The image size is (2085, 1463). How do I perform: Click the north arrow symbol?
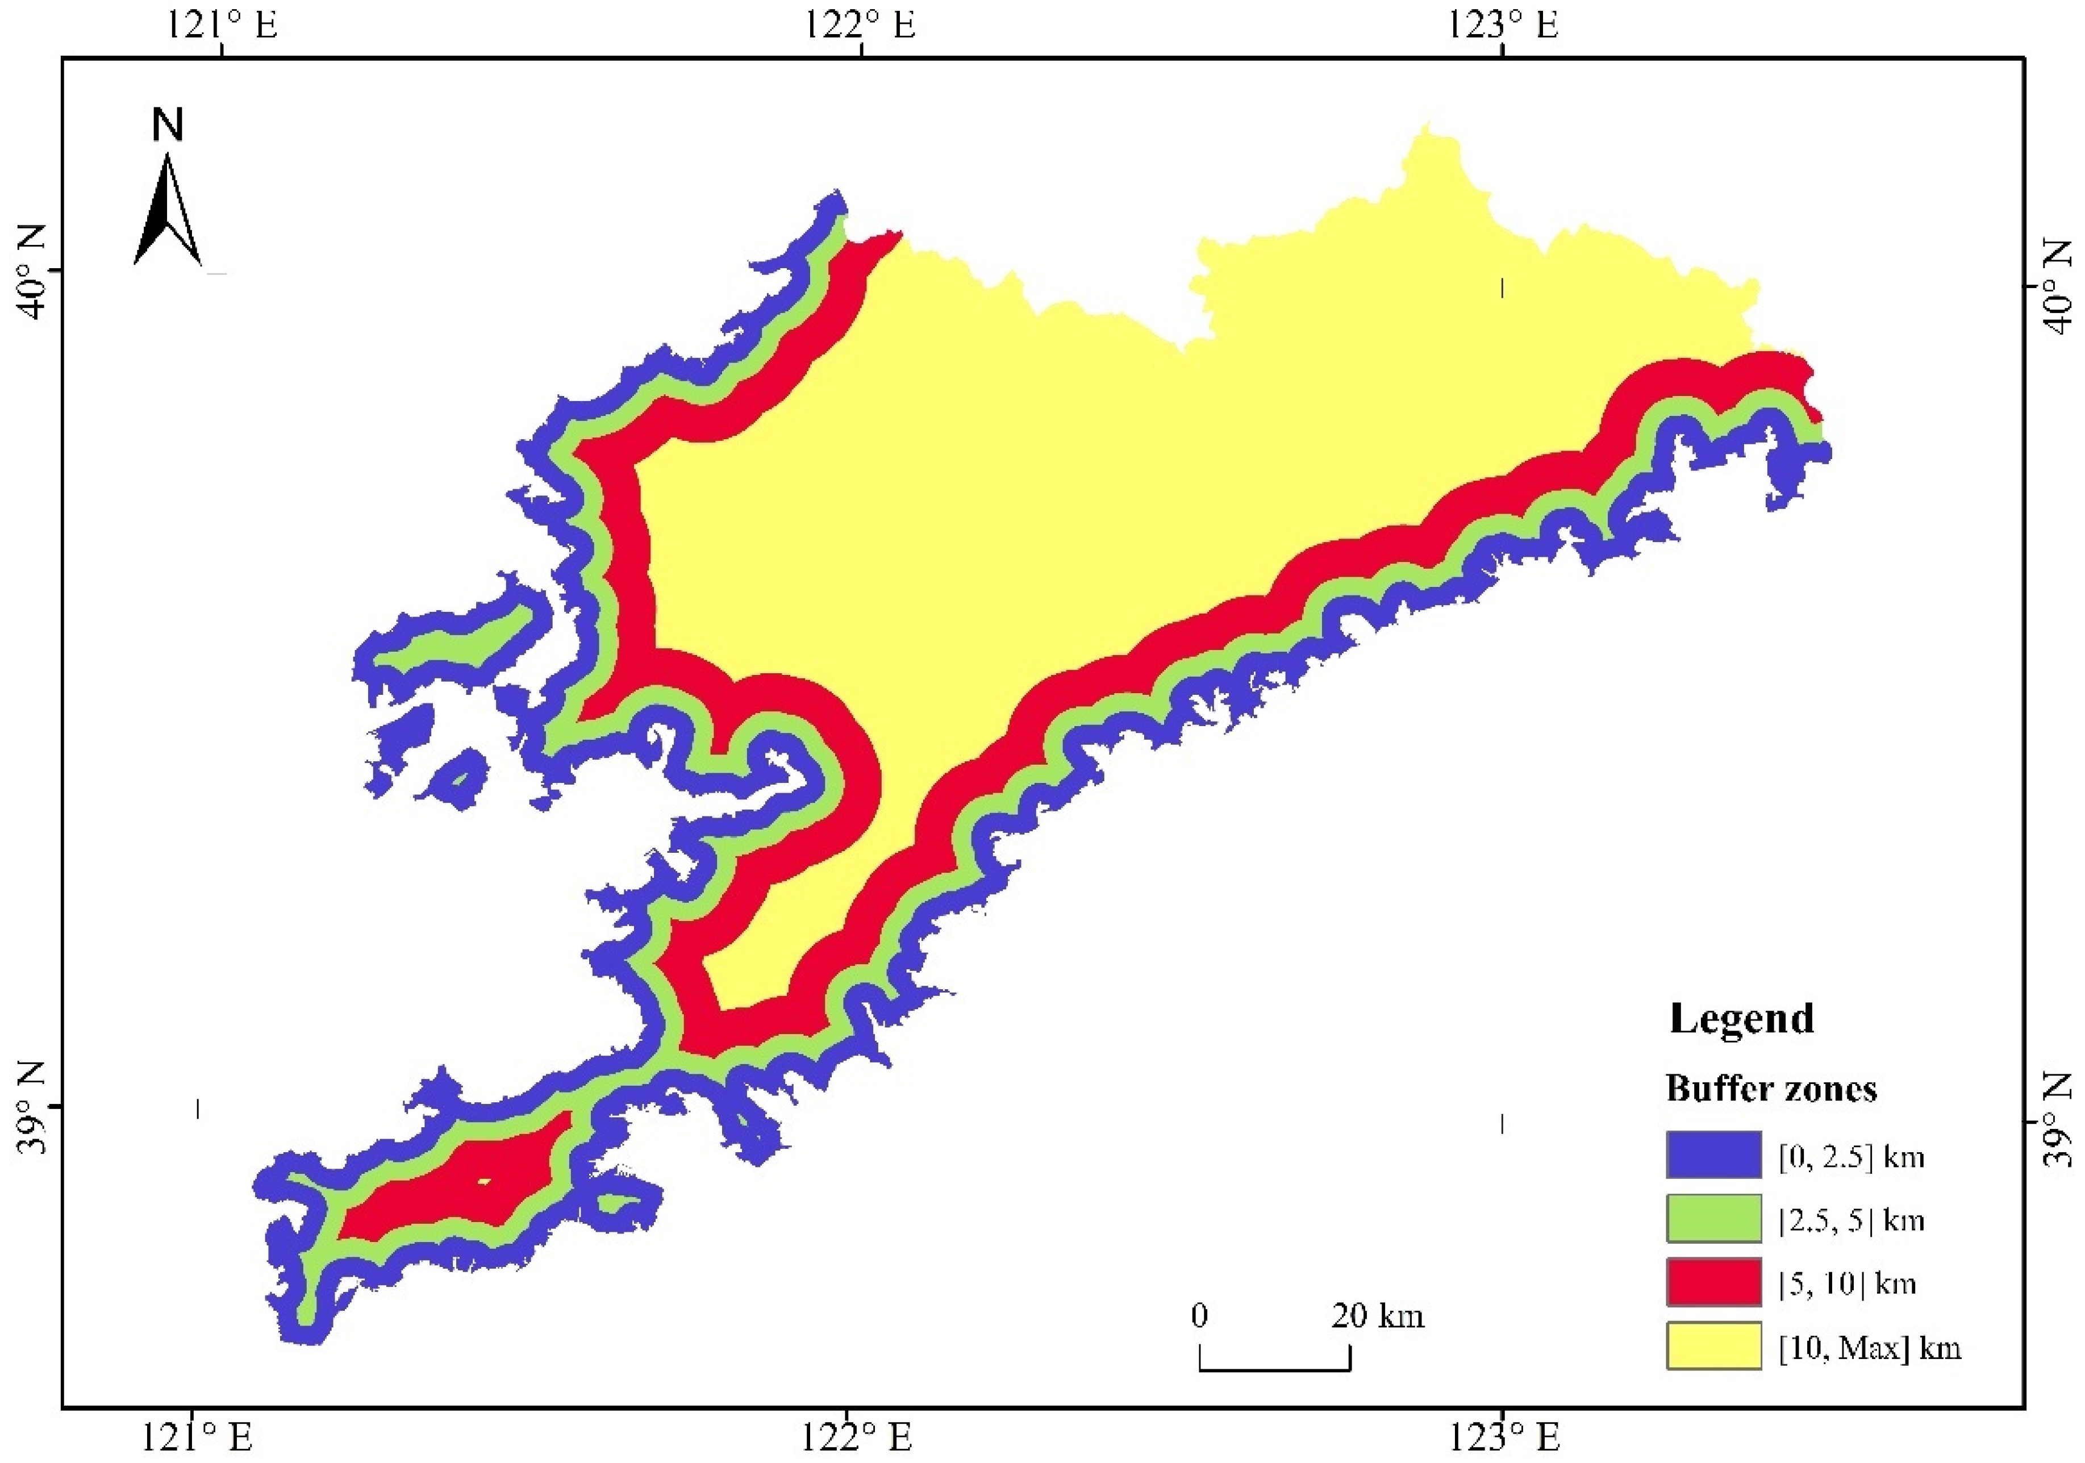tap(168, 211)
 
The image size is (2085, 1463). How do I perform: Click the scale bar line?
tap(1274, 1369)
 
